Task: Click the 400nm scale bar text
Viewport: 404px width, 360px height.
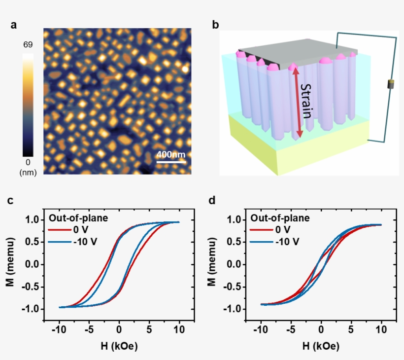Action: pyautogui.click(x=171, y=154)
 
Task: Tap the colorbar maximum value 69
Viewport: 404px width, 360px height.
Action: pyautogui.click(x=28, y=45)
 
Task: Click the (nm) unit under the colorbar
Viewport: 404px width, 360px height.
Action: pyautogui.click(x=28, y=173)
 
